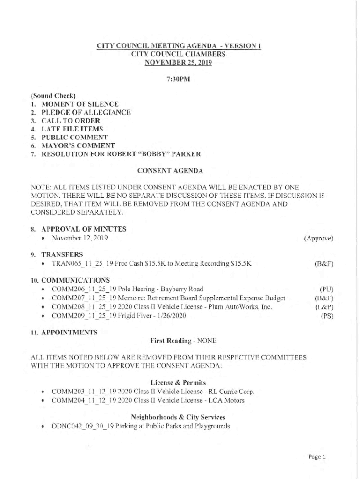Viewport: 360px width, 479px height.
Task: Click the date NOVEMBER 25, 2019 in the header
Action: click(179, 63)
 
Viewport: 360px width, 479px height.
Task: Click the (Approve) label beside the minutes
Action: click(318, 238)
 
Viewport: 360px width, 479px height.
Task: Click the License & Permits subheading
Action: click(179, 382)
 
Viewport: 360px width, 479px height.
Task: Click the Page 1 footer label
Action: click(317, 457)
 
